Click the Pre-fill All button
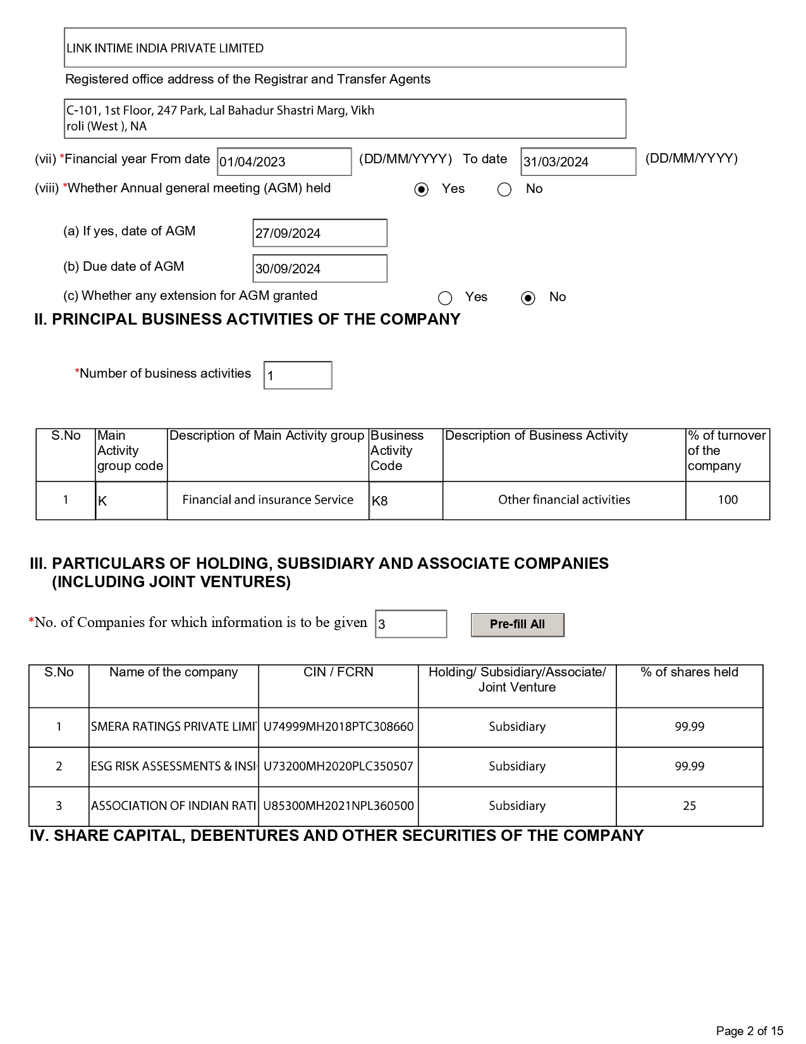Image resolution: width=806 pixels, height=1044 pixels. tap(517, 625)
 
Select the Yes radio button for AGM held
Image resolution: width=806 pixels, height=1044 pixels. tap(422, 190)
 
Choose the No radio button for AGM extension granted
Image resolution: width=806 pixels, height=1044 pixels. tap(528, 298)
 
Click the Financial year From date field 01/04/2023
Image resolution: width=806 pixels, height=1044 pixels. tap(284, 162)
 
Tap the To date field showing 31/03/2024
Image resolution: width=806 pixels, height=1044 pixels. tap(578, 162)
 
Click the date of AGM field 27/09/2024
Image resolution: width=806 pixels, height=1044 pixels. tap(319, 233)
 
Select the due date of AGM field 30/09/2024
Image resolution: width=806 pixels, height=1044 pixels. tap(319, 269)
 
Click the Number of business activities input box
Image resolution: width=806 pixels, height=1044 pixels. tap(298, 376)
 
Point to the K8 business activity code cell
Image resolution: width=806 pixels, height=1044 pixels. tap(405, 500)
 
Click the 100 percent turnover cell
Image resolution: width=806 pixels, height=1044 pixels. tap(728, 500)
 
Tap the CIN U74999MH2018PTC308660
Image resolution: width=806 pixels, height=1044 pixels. tap(338, 727)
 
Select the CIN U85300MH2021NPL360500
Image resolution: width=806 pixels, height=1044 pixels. tap(338, 806)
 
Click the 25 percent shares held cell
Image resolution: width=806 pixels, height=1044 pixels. tap(689, 806)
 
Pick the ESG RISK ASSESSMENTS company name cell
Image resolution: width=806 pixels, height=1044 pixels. tap(174, 766)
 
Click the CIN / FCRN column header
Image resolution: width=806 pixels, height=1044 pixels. tap(338, 672)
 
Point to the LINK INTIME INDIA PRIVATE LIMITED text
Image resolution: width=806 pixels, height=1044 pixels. tap(165, 48)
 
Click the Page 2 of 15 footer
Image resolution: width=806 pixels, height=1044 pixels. tap(749, 1031)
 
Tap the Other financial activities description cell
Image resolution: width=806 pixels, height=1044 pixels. tap(564, 500)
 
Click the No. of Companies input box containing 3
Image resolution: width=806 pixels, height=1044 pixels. tap(411, 625)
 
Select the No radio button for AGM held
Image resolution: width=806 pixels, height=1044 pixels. tap(504, 190)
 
